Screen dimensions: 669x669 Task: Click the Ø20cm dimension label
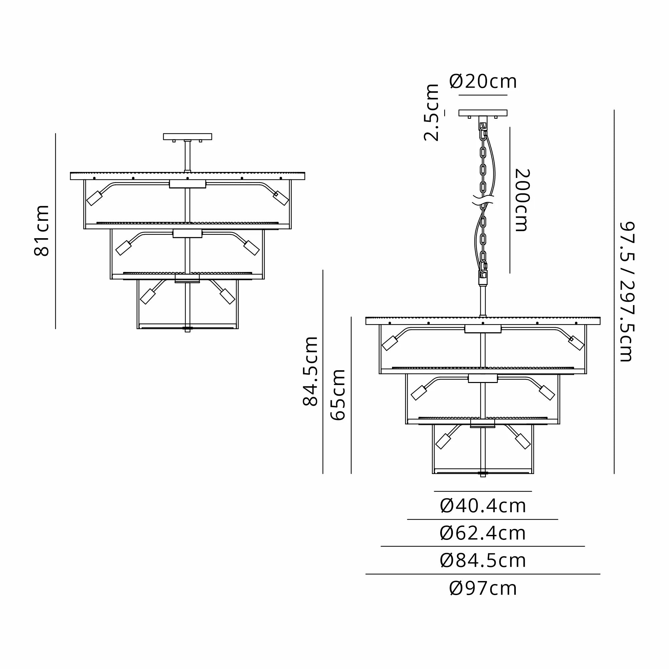(x=483, y=82)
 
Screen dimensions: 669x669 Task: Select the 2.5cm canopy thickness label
(x=432, y=112)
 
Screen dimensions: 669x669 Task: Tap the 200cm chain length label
(x=522, y=200)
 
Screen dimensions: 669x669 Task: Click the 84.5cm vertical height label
(x=310, y=371)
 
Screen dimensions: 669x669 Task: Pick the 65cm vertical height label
(x=338, y=395)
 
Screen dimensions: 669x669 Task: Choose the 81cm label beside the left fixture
(x=41, y=230)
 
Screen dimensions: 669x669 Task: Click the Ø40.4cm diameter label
(x=483, y=506)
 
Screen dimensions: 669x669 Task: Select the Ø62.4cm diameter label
(x=483, y=533)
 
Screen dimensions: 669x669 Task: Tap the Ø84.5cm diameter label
(x=483, y=560)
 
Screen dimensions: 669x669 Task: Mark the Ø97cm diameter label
(x=483, y=588)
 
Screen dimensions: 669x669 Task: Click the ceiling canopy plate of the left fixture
(x=187, y=136)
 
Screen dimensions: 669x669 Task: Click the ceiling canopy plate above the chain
(x=483, y=113)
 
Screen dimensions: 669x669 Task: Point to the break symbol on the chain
(x=483, y=200)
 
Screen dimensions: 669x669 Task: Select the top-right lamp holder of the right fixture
(x=576, y=343)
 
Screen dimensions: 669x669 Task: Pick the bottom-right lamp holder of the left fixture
(x=227, y=296)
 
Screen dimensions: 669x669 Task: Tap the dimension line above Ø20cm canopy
(x=483, y=95)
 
